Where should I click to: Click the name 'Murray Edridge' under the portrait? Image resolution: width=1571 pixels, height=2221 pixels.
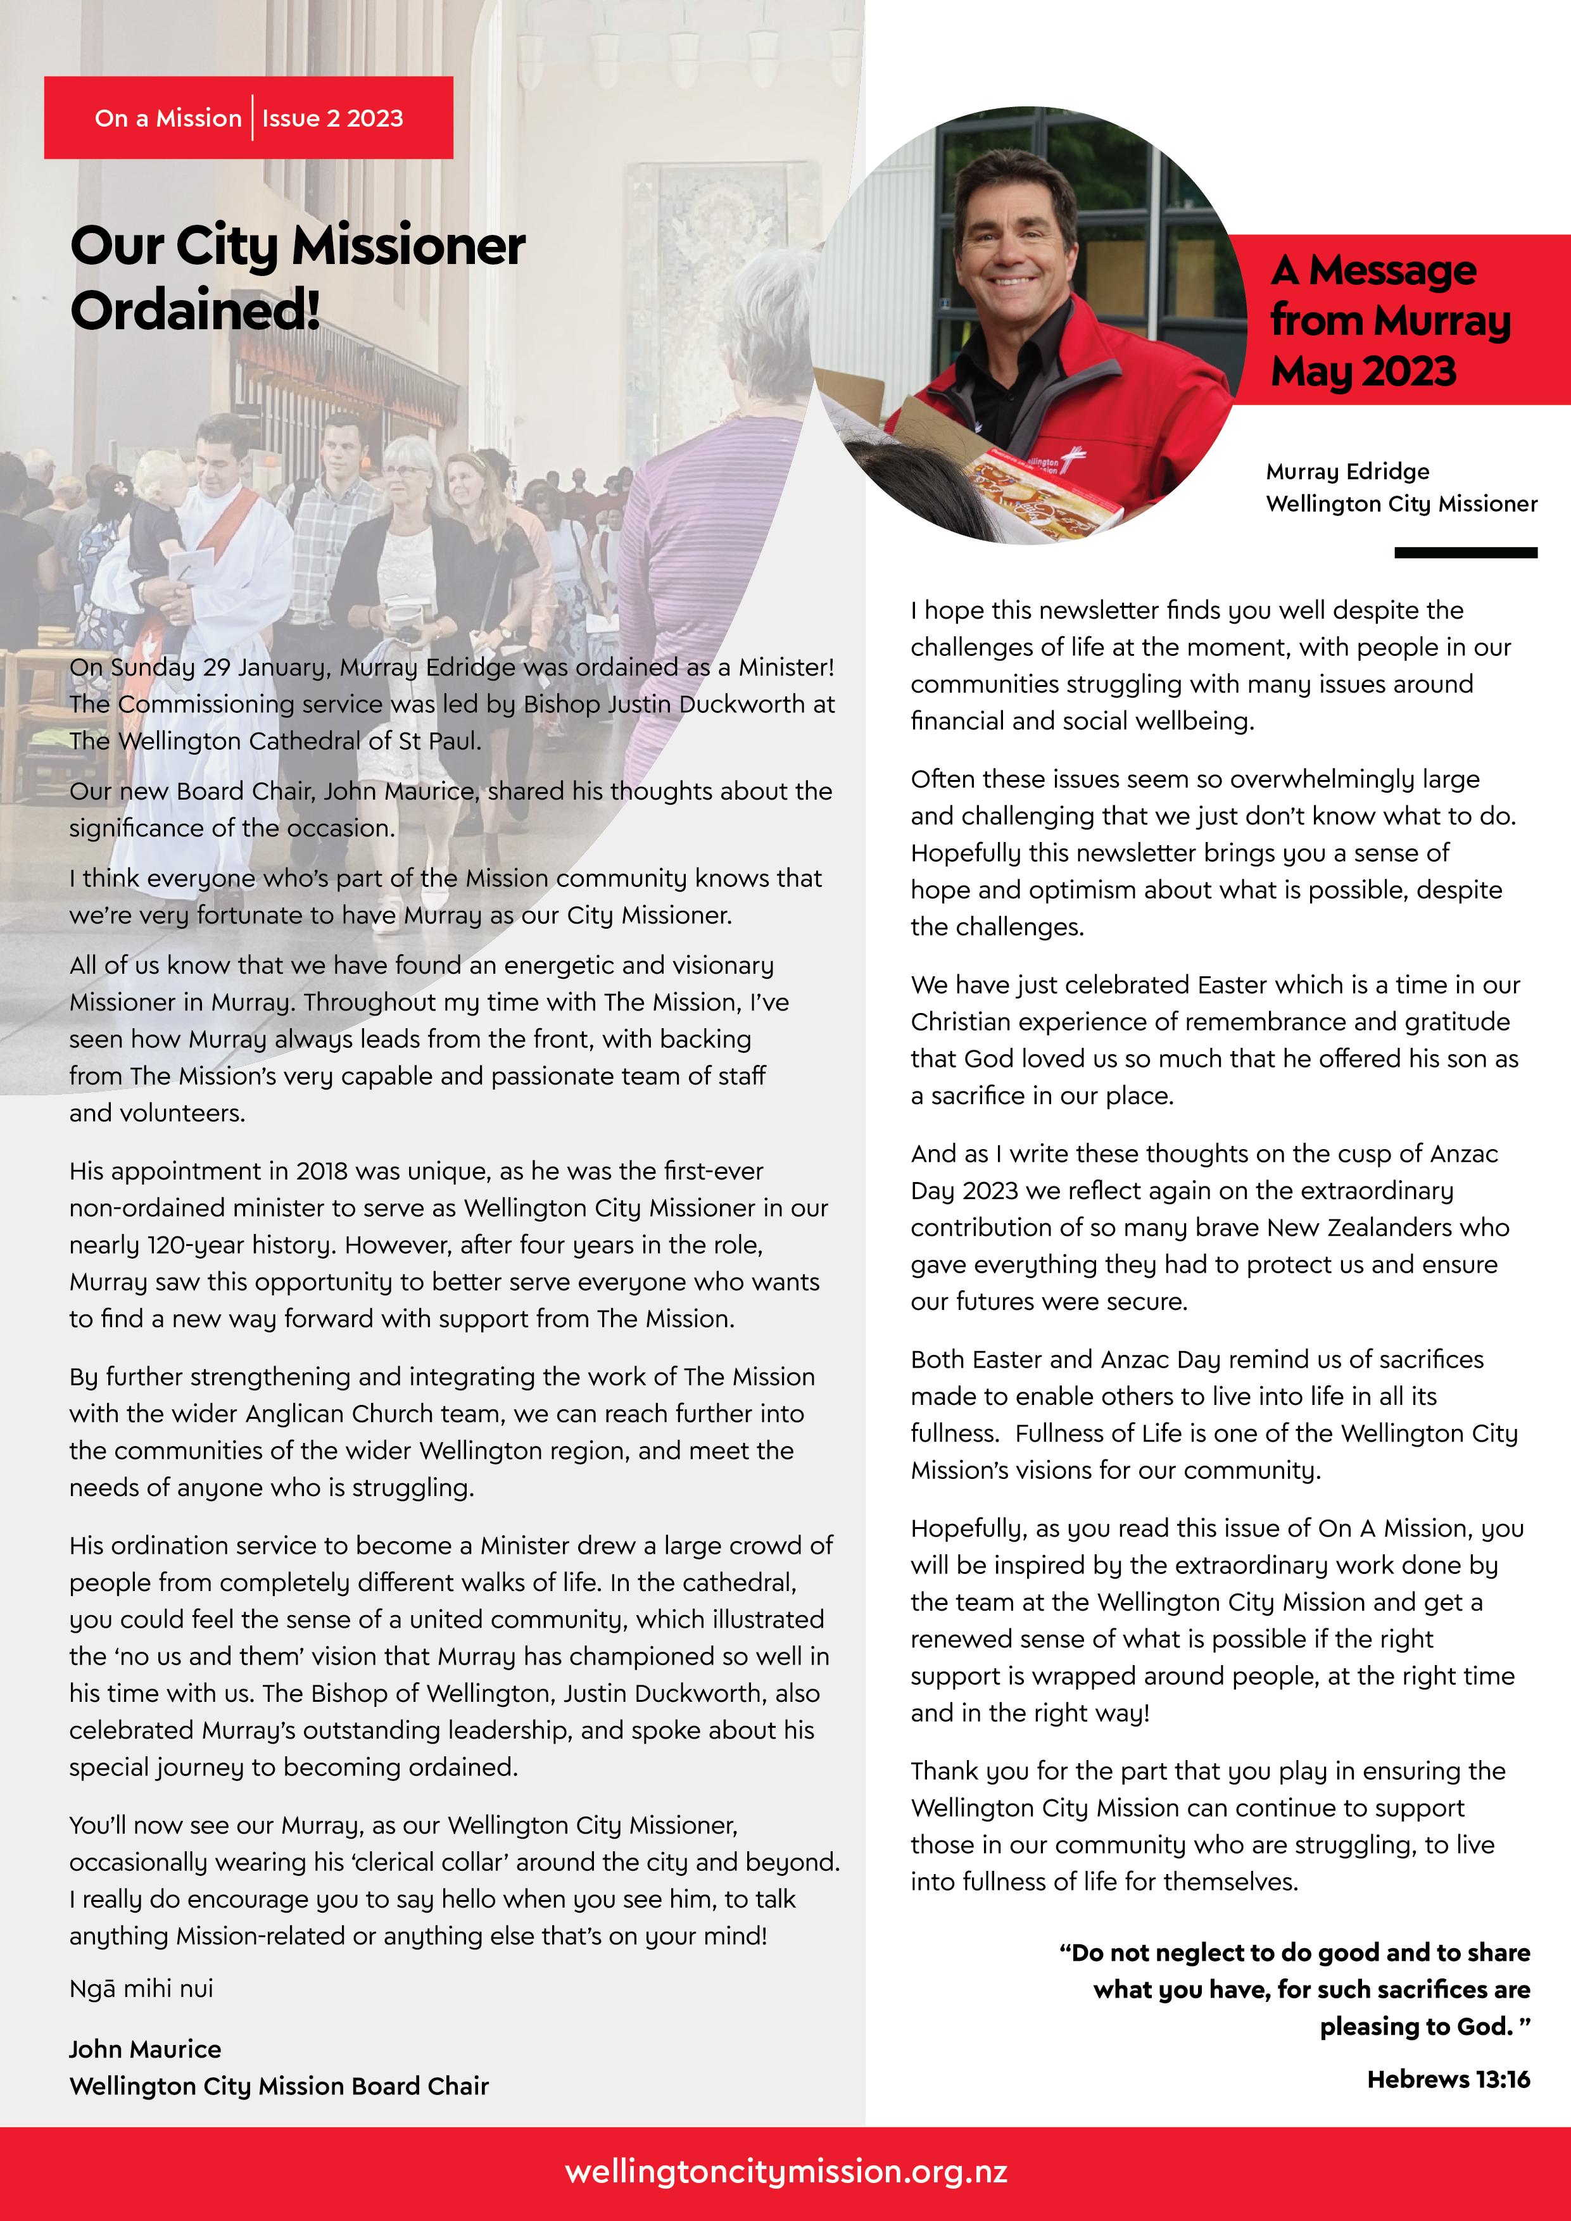click(x=1347, y=471)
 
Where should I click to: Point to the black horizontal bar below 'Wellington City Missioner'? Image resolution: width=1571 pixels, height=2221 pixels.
click(x=1465, y=552)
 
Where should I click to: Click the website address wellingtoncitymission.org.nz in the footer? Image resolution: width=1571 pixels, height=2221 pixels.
click(x=785, y=2172)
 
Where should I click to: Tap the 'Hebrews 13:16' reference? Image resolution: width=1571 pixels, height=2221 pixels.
click(x=1448, y=2079)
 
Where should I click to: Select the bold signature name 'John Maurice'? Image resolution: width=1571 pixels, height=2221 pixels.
click(x=145, y=2049)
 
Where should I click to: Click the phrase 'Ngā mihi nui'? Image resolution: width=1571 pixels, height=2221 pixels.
click(x=141, y=1988)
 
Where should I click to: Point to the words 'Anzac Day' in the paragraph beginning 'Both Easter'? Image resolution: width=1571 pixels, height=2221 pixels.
click(x=1159, y=1359)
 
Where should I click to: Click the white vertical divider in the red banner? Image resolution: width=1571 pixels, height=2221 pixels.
click(x=253, y=118)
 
